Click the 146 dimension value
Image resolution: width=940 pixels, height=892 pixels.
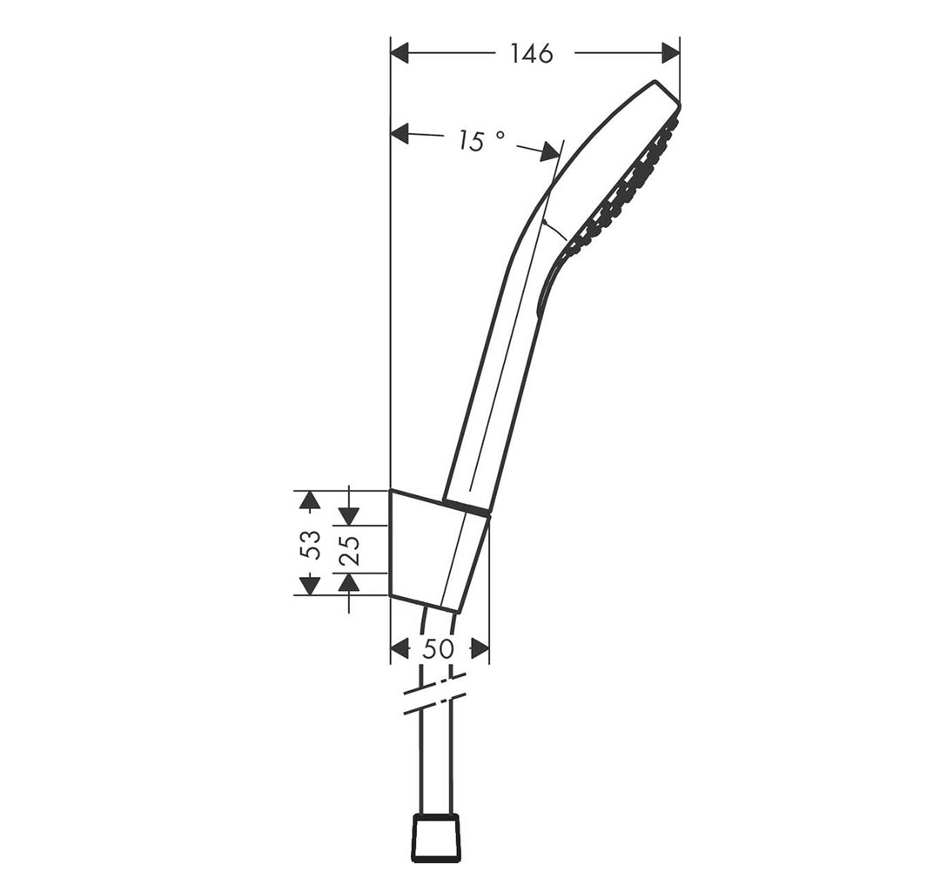(531, 54)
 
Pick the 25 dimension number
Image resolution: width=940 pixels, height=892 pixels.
(351, 549)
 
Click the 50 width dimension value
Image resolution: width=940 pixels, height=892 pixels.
(439, 648)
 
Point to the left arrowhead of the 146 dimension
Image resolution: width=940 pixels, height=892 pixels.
(399, 53)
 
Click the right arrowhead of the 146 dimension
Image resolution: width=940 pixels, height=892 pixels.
(671, 53)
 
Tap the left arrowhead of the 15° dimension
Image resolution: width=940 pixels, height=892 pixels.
(399, 133)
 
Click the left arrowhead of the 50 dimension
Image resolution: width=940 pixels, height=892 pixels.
(399, 648)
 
